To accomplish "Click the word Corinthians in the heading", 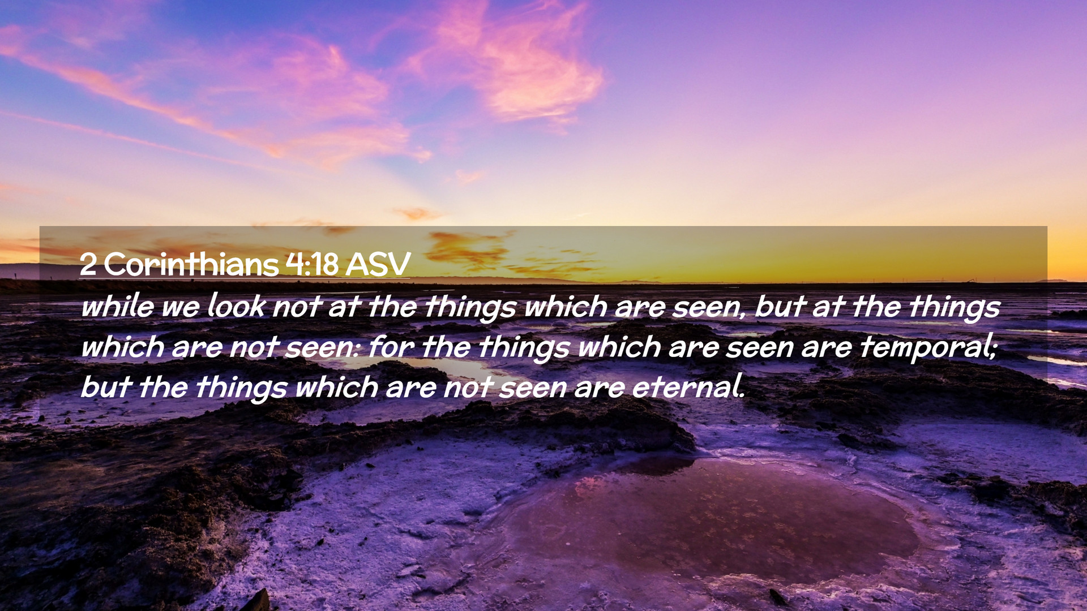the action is click(x=191, y=264).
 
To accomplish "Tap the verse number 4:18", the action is click(x=312, y=264).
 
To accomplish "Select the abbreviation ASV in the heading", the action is click(x=378, y=264).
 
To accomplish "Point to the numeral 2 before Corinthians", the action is click(x=88, y=264).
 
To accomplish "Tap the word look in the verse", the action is click(x=236, y=306).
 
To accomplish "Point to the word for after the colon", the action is click(x=390, y=347).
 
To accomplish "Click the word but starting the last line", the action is click(x=105, y=388).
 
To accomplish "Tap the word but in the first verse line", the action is click(x=780, y=306).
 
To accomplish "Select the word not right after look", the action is click(x=296, y=307).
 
